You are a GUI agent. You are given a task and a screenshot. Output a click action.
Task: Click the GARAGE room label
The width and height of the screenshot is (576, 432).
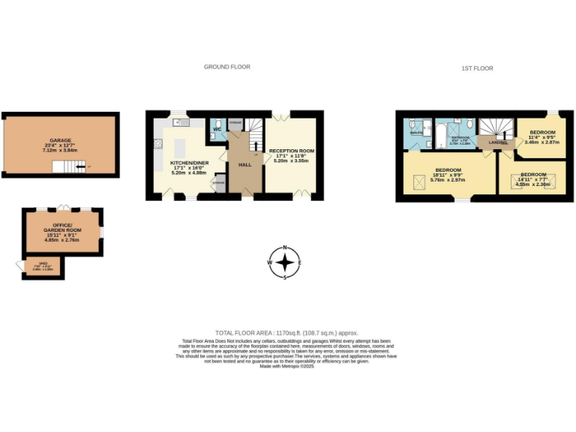tap(60, 140)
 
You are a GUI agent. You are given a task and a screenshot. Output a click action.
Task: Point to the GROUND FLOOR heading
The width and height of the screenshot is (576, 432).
tap(226, 67)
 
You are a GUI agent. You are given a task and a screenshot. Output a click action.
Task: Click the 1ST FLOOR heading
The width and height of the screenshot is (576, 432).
tap(477, 68)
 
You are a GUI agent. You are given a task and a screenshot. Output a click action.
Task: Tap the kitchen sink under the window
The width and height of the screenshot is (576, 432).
tap(177, 121)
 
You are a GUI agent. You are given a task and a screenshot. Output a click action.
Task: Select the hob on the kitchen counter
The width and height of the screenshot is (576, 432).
tap(158, 145)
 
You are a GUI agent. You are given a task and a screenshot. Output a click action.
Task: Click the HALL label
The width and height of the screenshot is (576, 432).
tap(244, 164)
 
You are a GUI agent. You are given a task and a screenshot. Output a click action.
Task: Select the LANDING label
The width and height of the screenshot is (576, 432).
tap(496, 141)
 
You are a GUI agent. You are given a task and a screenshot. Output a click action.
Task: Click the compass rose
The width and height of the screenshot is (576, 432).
tap(285, 262)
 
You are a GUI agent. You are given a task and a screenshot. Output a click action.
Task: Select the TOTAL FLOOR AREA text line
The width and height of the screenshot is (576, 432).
tap(286, 332)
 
